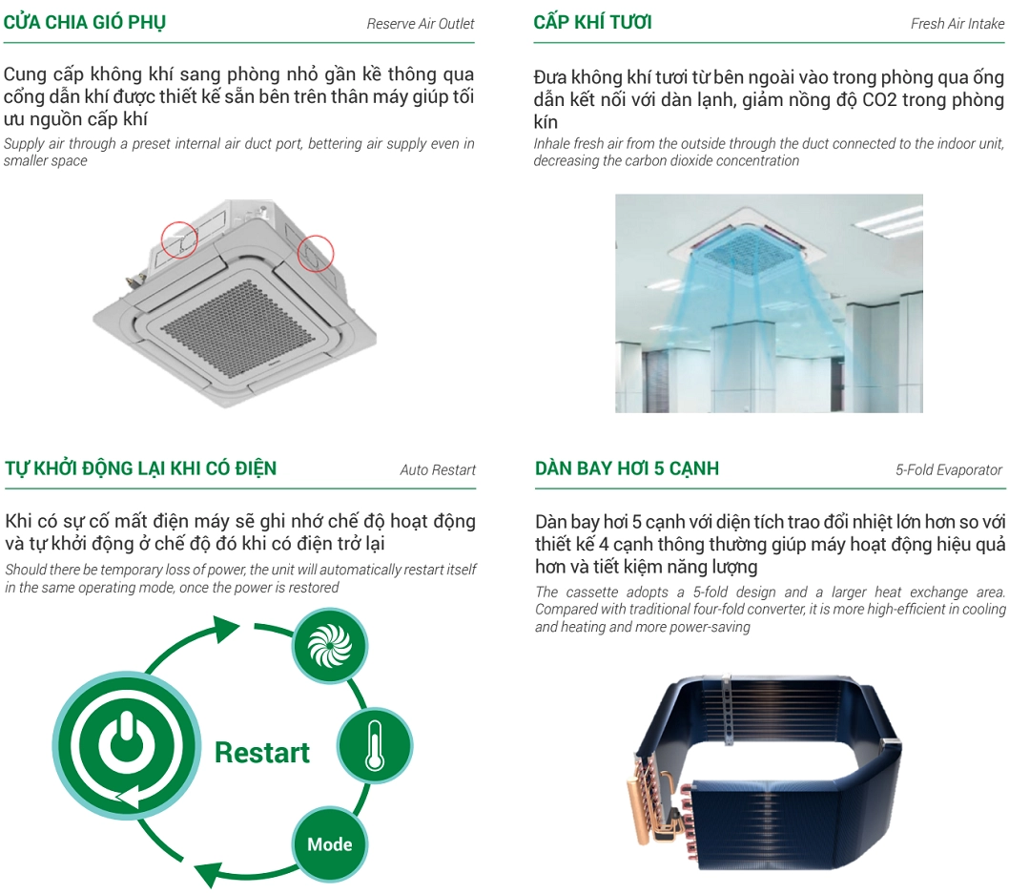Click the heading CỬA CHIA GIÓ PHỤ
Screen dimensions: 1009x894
click(x=84, y=23)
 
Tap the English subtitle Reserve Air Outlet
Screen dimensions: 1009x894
click(x=421, y=24)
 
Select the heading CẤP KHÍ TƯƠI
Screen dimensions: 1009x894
click(x=592, y=23)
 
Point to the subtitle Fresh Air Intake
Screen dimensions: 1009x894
click(x=957, y=24)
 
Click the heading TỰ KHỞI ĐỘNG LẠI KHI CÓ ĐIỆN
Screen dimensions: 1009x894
click(x=141, y=468)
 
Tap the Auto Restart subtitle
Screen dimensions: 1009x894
click(x=438, y=469)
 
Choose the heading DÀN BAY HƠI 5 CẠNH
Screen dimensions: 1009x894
click(x=627, y=468)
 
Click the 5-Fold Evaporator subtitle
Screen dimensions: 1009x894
click(x=949, y=469)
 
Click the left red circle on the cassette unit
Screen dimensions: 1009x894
click(x=179, y=239)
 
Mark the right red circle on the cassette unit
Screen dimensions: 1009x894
click(x=316, y=253)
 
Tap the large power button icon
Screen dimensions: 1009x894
click(x=126, y=744)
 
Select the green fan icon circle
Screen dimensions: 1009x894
click(x=330, y=646)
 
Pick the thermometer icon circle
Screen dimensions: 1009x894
click(x=375, y=745)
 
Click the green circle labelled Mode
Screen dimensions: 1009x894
click(x=329, y=843)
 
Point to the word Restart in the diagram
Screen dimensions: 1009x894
click(x=262, y=753)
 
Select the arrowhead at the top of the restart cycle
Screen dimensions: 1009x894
click(x=227, y=628)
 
